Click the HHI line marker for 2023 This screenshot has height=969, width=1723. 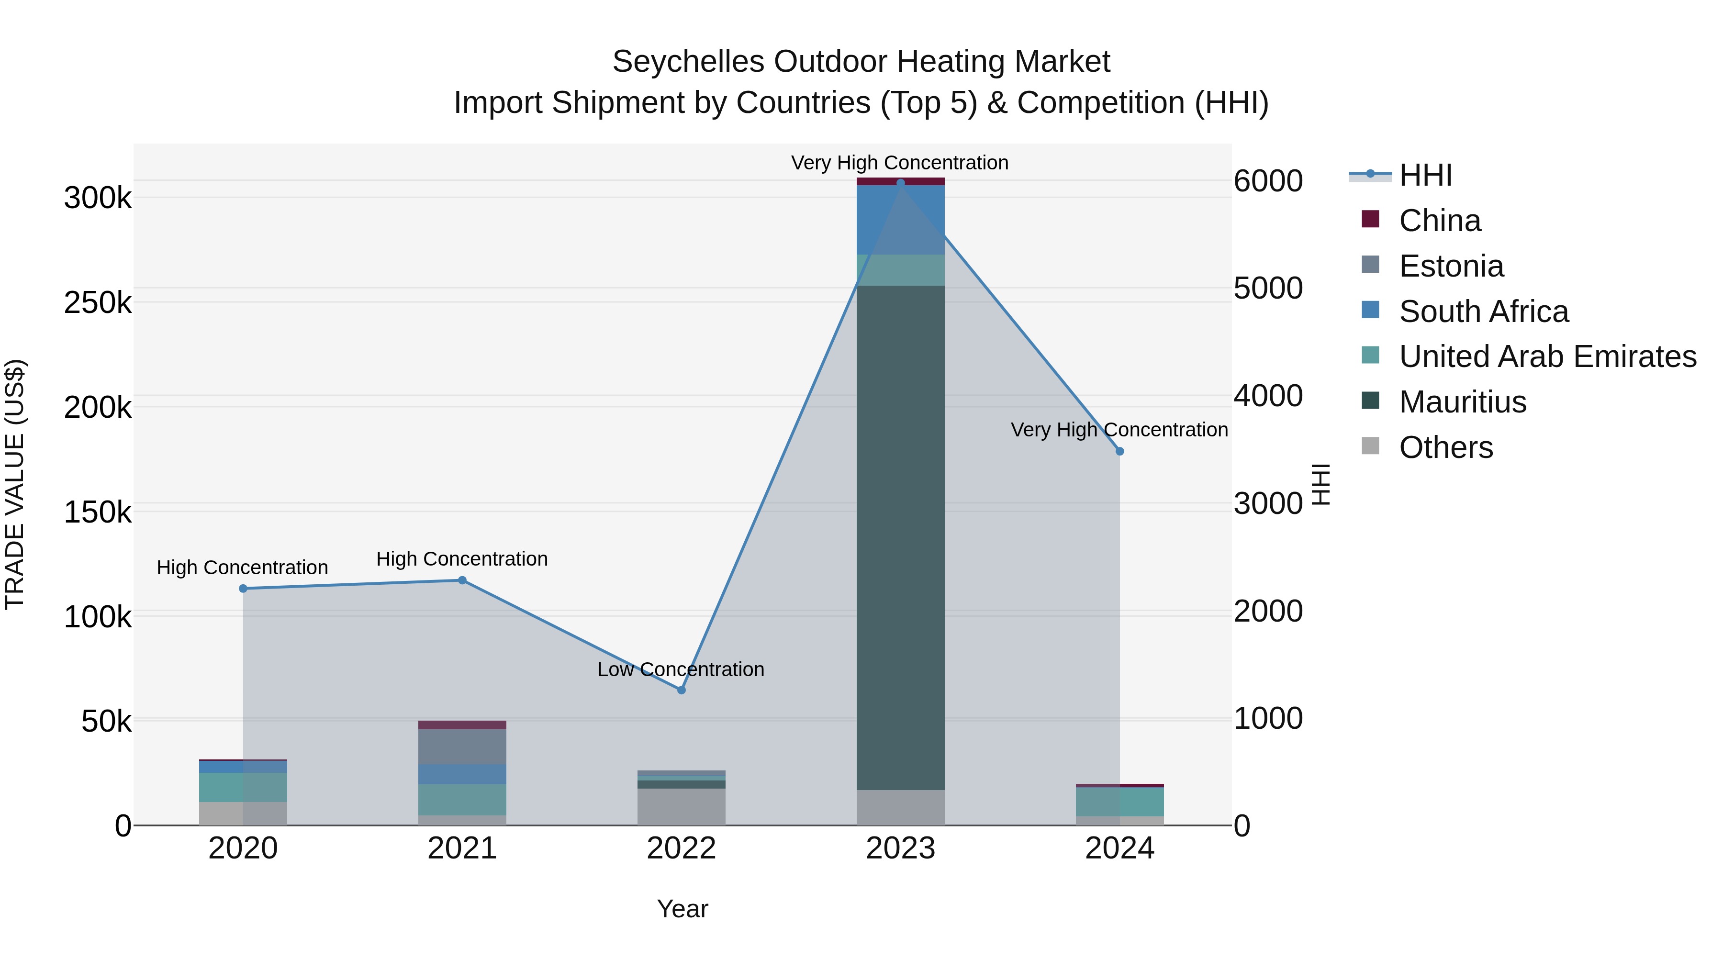click(900, 183)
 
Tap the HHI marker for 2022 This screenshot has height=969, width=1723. click(682, 690)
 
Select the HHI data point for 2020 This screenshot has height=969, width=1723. click(243, 589)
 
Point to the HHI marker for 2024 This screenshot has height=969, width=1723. click(1119, 451)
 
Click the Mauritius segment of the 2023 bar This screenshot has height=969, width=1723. click(900, 535)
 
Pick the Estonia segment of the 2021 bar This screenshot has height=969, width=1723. click(462, 746)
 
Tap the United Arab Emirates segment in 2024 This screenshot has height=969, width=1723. click(1119, 802)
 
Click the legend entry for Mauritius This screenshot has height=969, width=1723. click(1462, 402)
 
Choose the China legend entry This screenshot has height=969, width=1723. click(1439, 221)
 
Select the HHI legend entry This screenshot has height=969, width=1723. click(1425, 175)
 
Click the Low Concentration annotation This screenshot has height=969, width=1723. click(680, 669)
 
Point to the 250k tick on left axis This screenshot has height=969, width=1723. click(98, 303)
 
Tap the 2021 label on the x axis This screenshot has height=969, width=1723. click(462, 848)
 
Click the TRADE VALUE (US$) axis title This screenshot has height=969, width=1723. click(15, 484)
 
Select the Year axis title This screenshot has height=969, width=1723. click(682, 909)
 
